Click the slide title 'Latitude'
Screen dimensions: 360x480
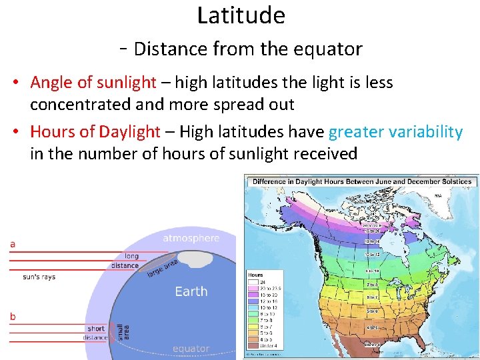coord(241,15)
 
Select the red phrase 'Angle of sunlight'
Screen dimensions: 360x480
coord(93,83)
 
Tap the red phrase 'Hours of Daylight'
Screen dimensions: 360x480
coord(95,132)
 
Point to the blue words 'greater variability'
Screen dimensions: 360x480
coord(395,132)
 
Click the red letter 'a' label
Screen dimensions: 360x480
coord(12,245)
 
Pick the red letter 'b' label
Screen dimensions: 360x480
coord(12,315)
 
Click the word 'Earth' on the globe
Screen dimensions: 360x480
coord(191,291)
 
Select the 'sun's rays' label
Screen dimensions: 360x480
coord(39,277)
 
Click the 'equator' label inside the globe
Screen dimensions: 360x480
coord(191,349)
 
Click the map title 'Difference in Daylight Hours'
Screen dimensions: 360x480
coord(362,181)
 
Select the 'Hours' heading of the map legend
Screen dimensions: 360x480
coord(255,275)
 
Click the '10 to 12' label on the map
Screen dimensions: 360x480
coord(372,255)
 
